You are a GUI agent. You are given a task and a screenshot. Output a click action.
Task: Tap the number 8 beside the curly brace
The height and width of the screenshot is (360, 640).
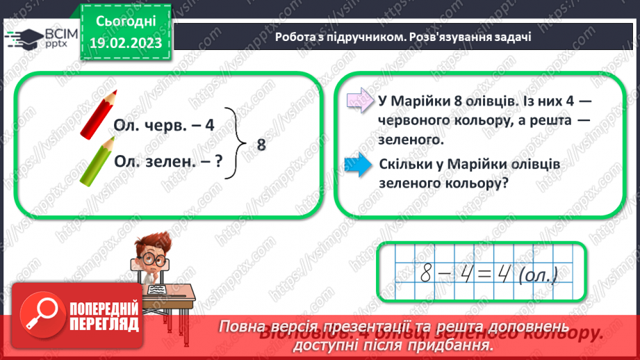[261, 145]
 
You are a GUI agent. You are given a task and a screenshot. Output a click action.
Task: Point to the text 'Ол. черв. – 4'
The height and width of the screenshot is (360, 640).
[164, 126]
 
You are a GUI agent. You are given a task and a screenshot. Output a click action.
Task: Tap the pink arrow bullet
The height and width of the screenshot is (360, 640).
[359, 101]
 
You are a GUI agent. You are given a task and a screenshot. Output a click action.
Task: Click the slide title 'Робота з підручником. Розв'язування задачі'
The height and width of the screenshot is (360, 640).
[403, 37]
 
